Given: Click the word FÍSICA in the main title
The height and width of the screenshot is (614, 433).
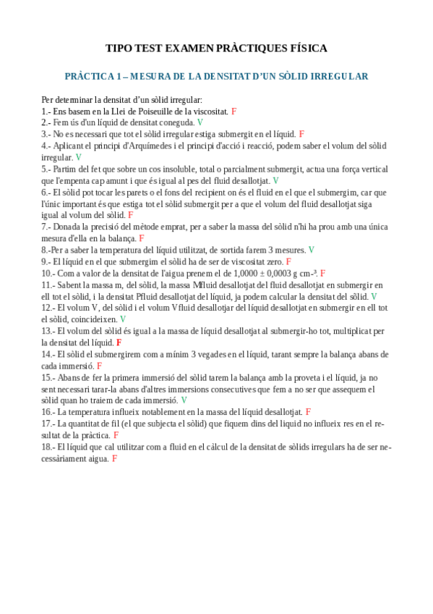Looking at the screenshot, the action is pos(307,49).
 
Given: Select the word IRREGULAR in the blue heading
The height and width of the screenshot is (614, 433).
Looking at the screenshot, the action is pos(338,76).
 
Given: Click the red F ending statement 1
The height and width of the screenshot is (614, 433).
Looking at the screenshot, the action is pos(234,112).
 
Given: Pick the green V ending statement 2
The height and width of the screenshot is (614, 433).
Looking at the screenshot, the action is pos(200,123).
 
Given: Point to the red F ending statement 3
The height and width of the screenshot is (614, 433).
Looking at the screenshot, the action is pos(301,134).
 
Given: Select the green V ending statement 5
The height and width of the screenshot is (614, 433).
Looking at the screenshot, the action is pos(275,180).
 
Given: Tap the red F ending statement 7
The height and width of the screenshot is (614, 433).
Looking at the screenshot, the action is pos(142,238).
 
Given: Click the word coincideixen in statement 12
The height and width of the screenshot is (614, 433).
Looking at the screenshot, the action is pos(93,319).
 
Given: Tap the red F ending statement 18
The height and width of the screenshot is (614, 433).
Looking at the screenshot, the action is pos(114,458).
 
